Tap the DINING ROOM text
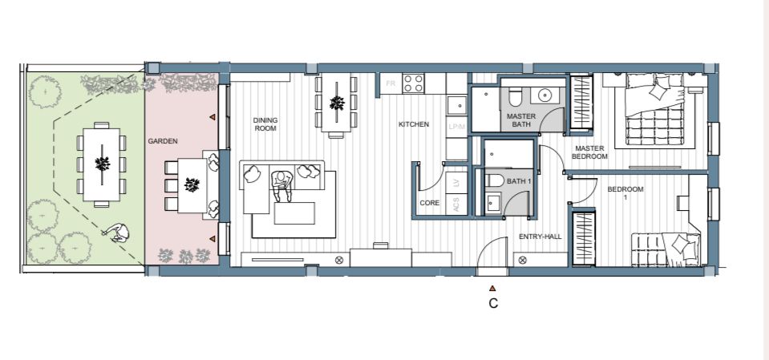265,124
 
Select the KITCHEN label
414,124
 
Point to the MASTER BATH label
521,120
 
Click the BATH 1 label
519,181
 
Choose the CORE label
430,203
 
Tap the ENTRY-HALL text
540,237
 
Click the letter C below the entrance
493,304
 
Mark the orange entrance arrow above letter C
493,289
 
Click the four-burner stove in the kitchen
413,83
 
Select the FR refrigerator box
391,84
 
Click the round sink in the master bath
545,95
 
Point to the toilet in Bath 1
494,180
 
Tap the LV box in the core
456,183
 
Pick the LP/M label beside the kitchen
456,127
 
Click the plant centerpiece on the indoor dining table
337,103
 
